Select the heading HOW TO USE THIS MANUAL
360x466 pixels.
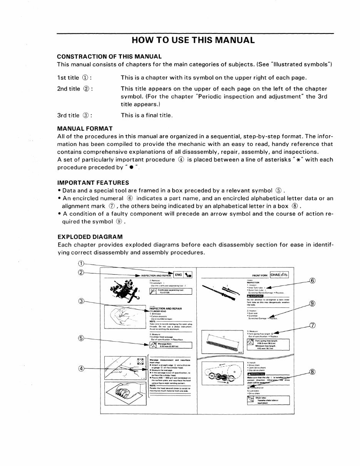pyautogui.click(x=193, y=40)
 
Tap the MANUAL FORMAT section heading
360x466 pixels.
pyautogui.click(x=85, y=128)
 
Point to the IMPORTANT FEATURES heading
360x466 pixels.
pyautogui.click(x=93, y=183)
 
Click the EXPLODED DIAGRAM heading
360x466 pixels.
pyautogui.click(x=90, y=237)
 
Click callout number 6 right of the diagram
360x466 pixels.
pyautogui.click(x=313, y=280)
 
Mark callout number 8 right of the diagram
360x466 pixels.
pyautogui.click(x=313, y=372)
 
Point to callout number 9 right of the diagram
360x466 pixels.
pyautogui.click(x=313, y=303)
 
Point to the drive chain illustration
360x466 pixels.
pyautogui.click(x=221, y=375)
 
